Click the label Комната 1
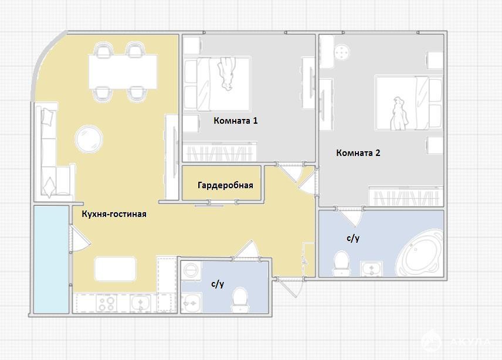[x=235, y=121]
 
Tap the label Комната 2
[x=358, y=152]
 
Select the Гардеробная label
[x=225, y=185]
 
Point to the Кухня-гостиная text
[x=114, y=214]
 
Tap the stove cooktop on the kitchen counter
[x=106, y=303]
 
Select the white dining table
[x=123, y=72]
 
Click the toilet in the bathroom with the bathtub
[x=341, y=263]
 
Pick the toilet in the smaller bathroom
[x=239, y=300]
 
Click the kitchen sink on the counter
[x=140, y=303]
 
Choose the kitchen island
[x=116, y=269]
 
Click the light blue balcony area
[x=51, y=259]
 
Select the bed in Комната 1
[x=217, y=84]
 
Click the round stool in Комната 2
[x=342, y=52]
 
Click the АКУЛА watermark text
[x=470, y=342]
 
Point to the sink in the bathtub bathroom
[x=371, y=269]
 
